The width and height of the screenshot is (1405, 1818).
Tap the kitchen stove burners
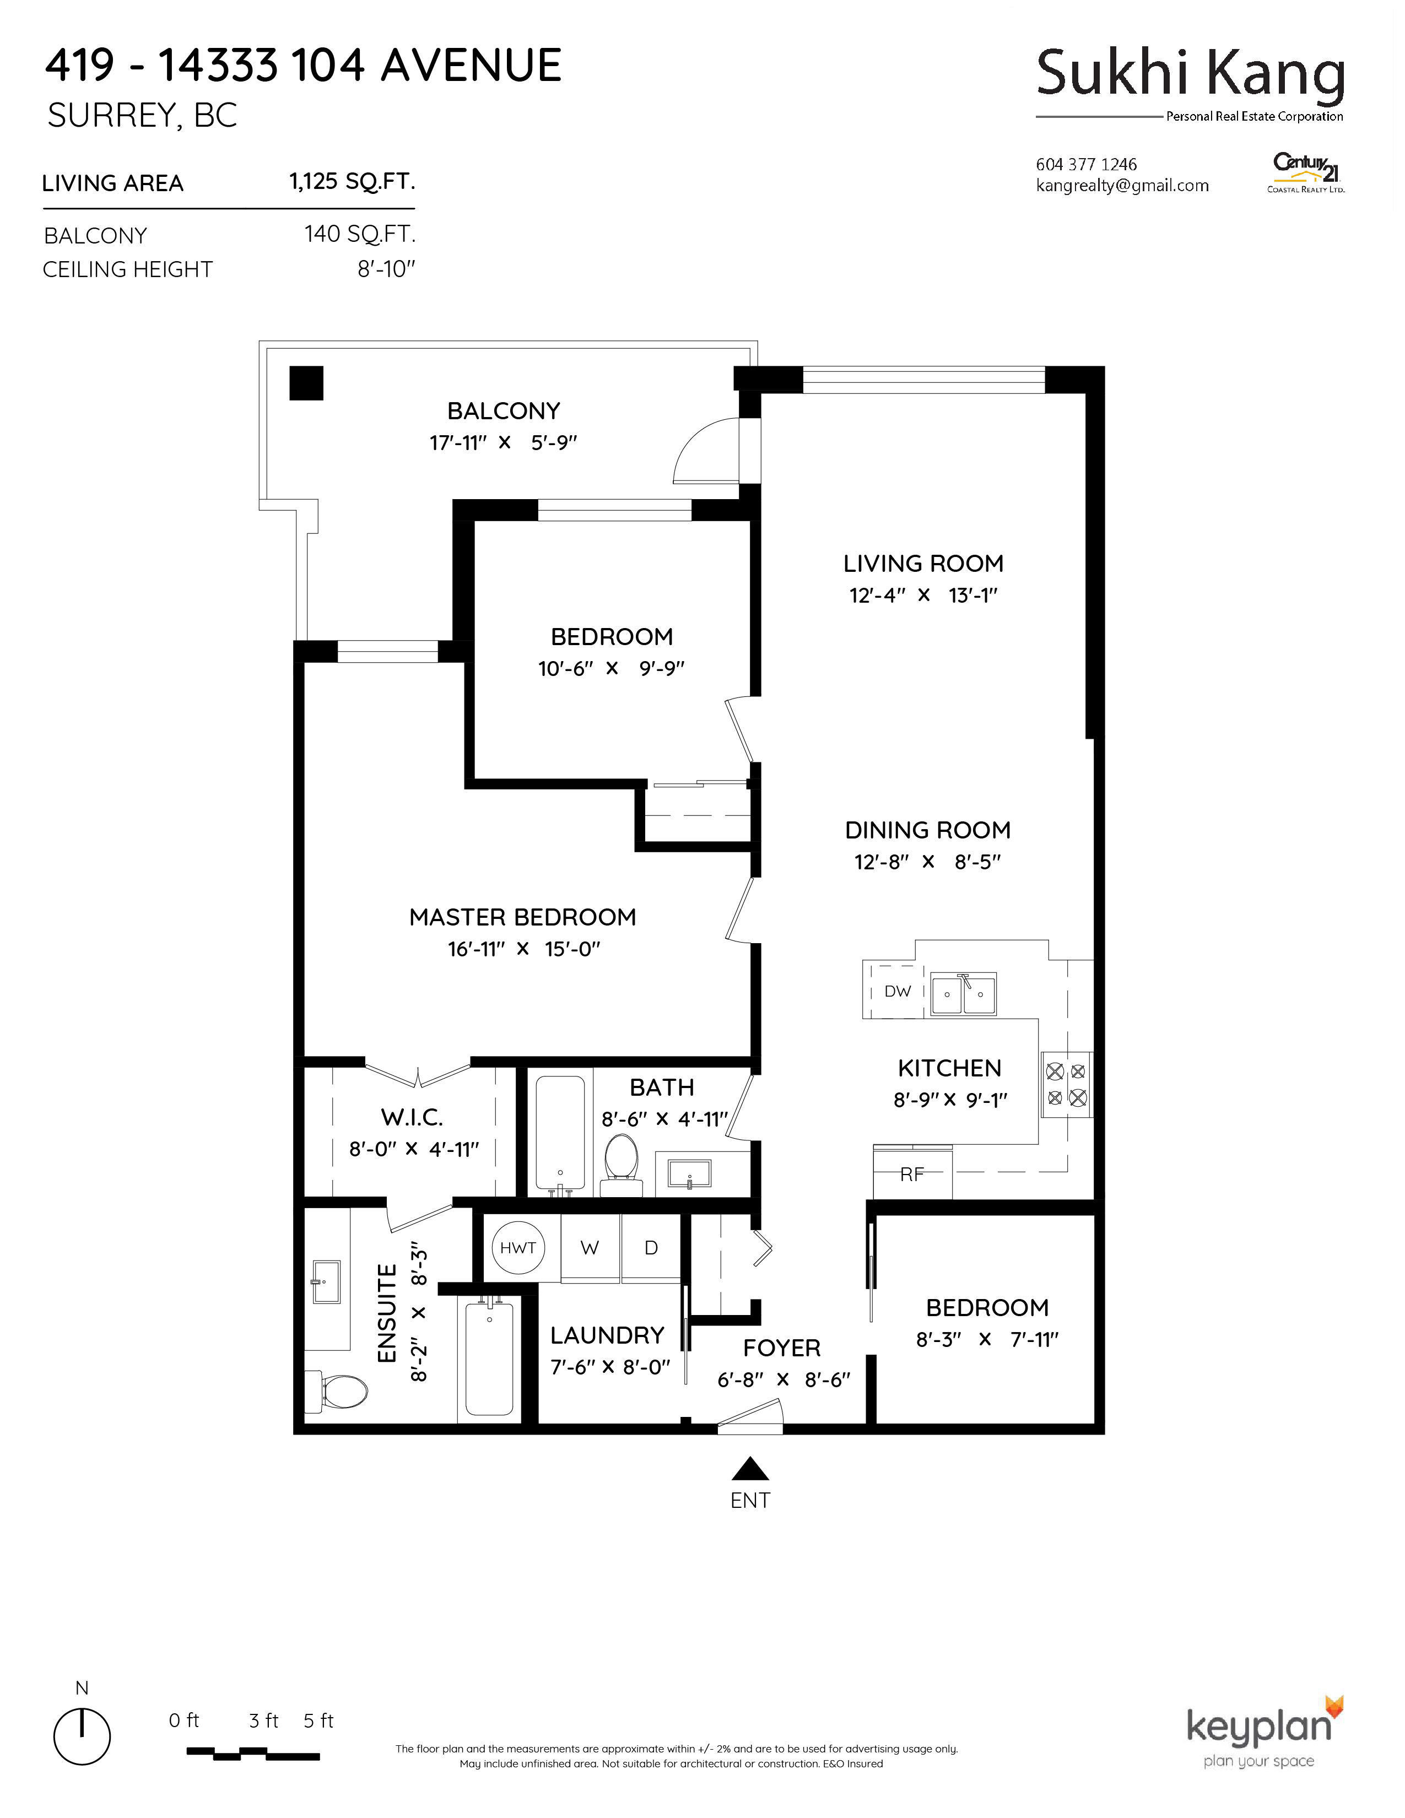[x=1066, y=1084]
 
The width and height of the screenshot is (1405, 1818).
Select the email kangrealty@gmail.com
[x=1122, y=186]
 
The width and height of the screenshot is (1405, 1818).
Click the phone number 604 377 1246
[x=1086, y=164]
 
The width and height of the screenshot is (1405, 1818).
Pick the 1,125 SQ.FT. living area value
[x=352, y=181]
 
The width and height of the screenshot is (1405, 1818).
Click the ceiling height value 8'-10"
[x=386, y=269]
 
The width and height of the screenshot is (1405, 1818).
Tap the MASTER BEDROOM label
[x=523, y=917]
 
